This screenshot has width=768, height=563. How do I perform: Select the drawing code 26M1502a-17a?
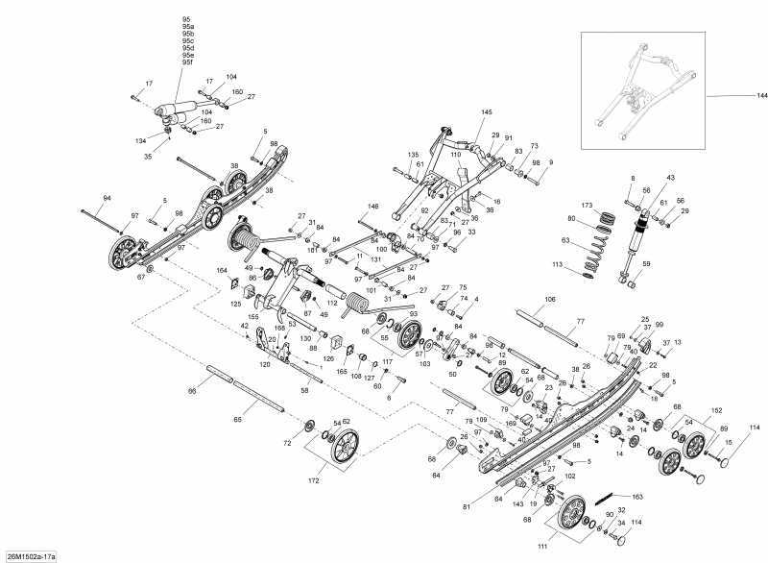click(31, 555)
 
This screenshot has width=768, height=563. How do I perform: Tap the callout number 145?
click(487, 112)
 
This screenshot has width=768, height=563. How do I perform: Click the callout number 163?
click(637, 497)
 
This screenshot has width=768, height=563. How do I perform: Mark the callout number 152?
click(715, 409)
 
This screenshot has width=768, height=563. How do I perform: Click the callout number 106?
click(549, 299)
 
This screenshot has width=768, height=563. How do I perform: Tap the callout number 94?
click(108, 198)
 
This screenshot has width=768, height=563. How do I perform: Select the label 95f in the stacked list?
click(187, 62)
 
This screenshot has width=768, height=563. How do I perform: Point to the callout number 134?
click(141, 140)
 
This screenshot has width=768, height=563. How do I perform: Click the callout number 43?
click(670, 178)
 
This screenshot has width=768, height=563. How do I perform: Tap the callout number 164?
click(222, 271)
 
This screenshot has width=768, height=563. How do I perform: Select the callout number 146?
click(373, 206)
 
